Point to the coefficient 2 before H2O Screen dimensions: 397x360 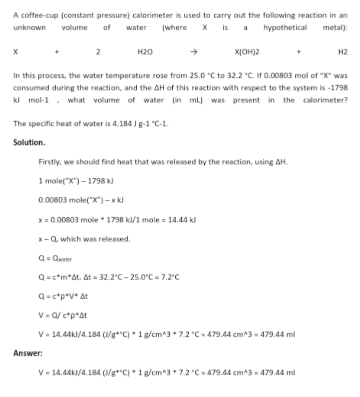coord(99,52)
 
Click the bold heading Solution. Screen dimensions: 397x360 coord(30,142)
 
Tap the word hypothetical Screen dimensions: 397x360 coord(285,27)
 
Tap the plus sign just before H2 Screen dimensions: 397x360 coord(299,52)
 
